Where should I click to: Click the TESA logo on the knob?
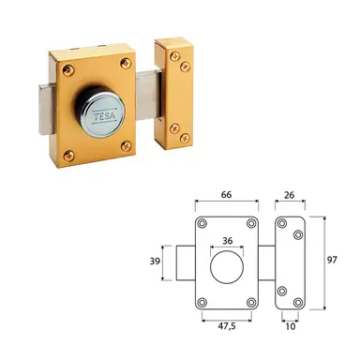point(105,115)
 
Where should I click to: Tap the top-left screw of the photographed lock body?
point(68,70)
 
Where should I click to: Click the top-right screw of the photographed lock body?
point(127,64)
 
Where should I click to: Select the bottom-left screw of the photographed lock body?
point(69,156)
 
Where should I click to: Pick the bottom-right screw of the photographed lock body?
point(127,146)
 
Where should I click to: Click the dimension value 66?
point(226,194)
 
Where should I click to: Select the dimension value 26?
point(290,195)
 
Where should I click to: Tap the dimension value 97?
point(332,260)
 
